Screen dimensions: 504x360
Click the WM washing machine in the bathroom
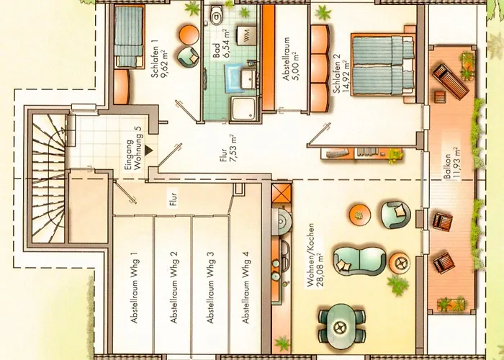[246, 36]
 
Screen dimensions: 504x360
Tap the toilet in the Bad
[216, 15]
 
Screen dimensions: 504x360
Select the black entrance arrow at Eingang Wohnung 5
[148, 150]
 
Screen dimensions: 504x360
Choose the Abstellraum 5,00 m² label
[290, 59]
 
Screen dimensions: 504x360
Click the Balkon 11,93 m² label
[451, 163]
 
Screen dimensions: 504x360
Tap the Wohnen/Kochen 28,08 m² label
[315, 255]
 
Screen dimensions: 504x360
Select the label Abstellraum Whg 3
[210, 287]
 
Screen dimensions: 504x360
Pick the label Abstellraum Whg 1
[134, 287]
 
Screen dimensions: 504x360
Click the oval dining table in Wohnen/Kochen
[342, 327]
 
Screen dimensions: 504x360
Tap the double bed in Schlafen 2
[382, 65]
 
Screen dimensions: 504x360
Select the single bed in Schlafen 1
[129, 37]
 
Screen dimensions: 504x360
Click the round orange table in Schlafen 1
[189, 35]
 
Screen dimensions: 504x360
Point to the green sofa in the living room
[360, 261]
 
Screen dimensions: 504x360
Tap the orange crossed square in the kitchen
[282, 193]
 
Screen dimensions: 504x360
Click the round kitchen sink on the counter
[282, 221]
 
